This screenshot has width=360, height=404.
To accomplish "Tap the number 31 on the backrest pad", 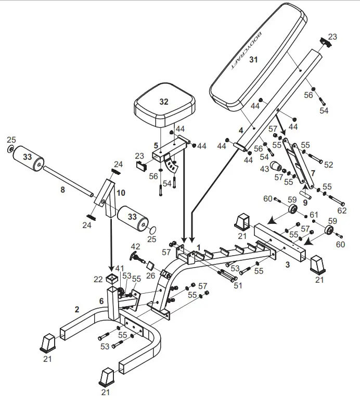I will pos(253,60).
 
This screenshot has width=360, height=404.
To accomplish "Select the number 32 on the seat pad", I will pos(164,102).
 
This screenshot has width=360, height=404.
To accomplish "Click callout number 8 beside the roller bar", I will pos(62,190).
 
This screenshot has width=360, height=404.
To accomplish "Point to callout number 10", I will pos(121,193).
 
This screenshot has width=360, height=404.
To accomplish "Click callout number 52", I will pos(328,165).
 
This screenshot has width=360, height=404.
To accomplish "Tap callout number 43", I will pos(264,169).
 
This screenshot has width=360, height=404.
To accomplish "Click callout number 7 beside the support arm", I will pos(313,172).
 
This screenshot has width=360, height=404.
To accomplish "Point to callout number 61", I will pos(314,214).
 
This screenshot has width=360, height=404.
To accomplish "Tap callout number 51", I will pos(238,285).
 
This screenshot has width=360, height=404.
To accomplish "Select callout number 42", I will pos(135,247).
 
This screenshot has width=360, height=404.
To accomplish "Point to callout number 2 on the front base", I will pos(77,309).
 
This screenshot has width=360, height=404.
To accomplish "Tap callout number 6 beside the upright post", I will pos(101,300).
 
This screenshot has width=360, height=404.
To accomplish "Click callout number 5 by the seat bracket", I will pos(156,145).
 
